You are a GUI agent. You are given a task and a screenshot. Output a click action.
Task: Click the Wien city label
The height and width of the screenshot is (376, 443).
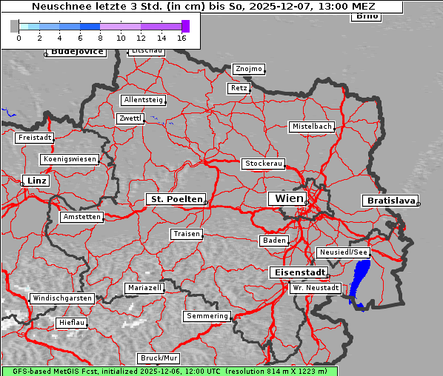pos(289,198)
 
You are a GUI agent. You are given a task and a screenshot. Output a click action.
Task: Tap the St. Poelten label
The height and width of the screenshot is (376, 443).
pos(176,199)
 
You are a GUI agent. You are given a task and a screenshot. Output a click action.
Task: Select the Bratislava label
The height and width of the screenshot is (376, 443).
pos(389,201)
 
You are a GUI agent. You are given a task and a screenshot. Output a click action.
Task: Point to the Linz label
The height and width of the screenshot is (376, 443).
pos(35,181)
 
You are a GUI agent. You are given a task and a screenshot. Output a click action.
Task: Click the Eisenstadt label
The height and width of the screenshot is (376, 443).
pos(296,272)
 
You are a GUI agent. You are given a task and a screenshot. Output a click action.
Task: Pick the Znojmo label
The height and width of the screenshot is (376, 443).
pos(248,69)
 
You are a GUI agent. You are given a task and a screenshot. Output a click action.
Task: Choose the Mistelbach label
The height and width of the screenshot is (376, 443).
pos(311,127)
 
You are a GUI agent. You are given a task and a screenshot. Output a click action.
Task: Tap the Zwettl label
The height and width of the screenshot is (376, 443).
pos(130,118)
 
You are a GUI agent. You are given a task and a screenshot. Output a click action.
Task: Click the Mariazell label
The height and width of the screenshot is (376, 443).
pos(144,287)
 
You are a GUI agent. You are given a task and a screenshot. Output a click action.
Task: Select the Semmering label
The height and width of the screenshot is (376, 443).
pos(207,316)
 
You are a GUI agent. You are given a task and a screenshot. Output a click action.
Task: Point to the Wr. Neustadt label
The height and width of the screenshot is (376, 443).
pos(316,287)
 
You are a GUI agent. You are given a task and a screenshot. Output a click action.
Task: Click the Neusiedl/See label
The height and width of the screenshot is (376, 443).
pos(343,252)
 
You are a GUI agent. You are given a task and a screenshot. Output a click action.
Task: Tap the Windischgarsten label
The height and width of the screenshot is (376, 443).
pos(61,298)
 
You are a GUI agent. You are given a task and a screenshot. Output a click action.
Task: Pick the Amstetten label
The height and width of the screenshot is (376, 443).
pos(81,217)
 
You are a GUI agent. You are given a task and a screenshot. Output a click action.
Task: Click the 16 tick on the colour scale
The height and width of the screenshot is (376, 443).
pos(181,37)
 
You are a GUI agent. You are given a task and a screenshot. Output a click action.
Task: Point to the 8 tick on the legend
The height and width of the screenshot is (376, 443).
pos(100,37)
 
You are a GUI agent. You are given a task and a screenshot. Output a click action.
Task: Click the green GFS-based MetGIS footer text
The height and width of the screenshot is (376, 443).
pos(169,371)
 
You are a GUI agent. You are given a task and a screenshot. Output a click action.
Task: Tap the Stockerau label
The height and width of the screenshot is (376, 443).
pos(263,164)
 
